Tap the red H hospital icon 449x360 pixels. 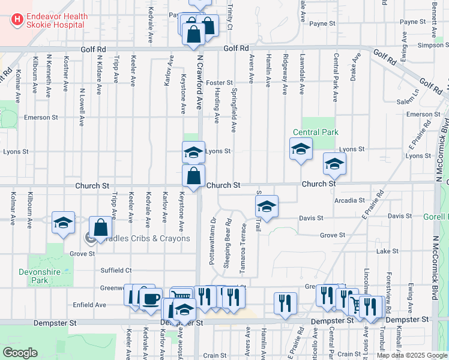coord(17,20)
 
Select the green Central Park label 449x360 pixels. coord(316,132)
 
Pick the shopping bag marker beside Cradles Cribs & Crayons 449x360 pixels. coord(101,227)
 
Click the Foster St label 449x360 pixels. coord(219,82)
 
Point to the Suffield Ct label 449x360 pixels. coord(116,271)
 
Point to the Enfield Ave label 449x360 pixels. coord(89,305)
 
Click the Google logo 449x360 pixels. coord(20,353)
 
